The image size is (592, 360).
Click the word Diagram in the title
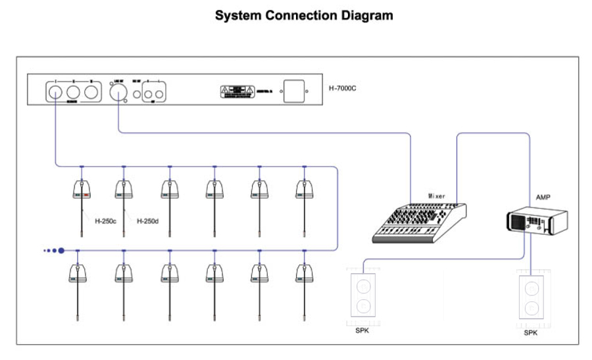pos(361,15)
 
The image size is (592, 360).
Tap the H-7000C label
pos(342,88)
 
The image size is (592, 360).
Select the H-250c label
pos(105,221)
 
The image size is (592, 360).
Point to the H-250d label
pos(147,221)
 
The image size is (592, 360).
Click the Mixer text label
pos(437,195)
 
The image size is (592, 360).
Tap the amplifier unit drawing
pos(537,220)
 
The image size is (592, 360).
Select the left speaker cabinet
pos(362,296)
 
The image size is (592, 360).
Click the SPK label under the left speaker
pos(362,330)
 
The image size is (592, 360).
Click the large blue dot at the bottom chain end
pos(61,250)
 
